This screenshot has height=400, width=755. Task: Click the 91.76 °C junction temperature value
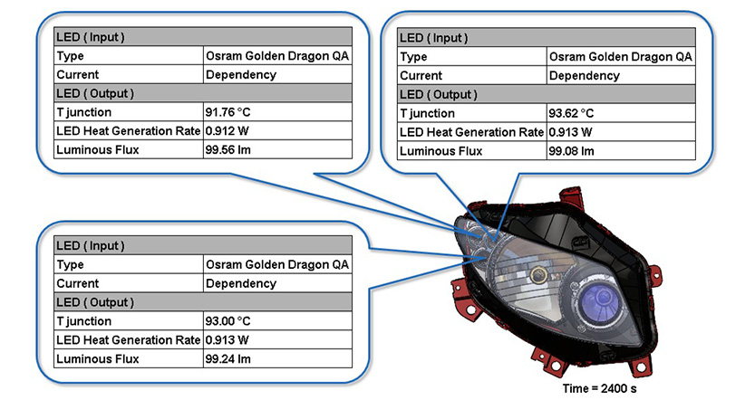point(227,112)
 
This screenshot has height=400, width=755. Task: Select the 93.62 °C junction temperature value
point(571,113)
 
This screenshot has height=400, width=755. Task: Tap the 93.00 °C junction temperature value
point(227,320)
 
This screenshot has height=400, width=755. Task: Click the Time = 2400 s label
point(599,388)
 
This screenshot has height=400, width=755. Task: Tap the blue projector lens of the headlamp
point(599,301)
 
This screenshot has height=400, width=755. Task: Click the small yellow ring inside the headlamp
point(539,275)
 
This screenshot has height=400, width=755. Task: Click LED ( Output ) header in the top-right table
point(438,94)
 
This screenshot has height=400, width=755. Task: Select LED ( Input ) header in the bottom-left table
point(91,245)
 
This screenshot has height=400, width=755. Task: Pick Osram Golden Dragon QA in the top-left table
point(277,56)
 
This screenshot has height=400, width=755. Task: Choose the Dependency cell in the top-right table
point(584,75)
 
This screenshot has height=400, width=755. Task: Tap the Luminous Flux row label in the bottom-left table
point(98,358)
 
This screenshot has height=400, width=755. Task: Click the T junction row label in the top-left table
point(83,112)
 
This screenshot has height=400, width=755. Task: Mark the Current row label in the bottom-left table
point(78,283)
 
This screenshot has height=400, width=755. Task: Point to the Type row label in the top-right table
point(413,57)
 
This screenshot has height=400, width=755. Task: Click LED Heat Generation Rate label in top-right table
point(471,132)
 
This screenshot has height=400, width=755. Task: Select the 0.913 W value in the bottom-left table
point(227,340)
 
